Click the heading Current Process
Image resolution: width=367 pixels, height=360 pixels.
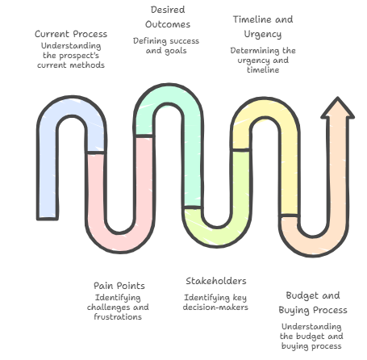(x=71, y=34)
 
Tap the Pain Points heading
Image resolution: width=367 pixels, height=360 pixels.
(x=119, y=286)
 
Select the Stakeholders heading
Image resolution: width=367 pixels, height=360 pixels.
(x=216, y=281)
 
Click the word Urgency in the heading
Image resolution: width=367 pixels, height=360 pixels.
(x=263, y=35)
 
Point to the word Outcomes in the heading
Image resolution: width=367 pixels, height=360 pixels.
(x=168, y=24)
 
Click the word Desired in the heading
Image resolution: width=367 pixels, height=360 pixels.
(x=168, y=10)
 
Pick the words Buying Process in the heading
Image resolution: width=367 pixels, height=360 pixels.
(x=313, y=310)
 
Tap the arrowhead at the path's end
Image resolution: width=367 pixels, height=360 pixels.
(x=337, y=107)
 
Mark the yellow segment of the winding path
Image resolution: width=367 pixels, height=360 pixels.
(x=290, y=161)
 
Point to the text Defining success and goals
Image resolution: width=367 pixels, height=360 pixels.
(x=166, y=46)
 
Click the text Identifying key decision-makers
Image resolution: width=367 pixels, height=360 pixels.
(x=215, y=303)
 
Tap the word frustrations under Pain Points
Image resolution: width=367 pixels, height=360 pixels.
(x=118, y=317)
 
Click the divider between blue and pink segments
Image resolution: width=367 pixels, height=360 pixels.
(x=96, y=153)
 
